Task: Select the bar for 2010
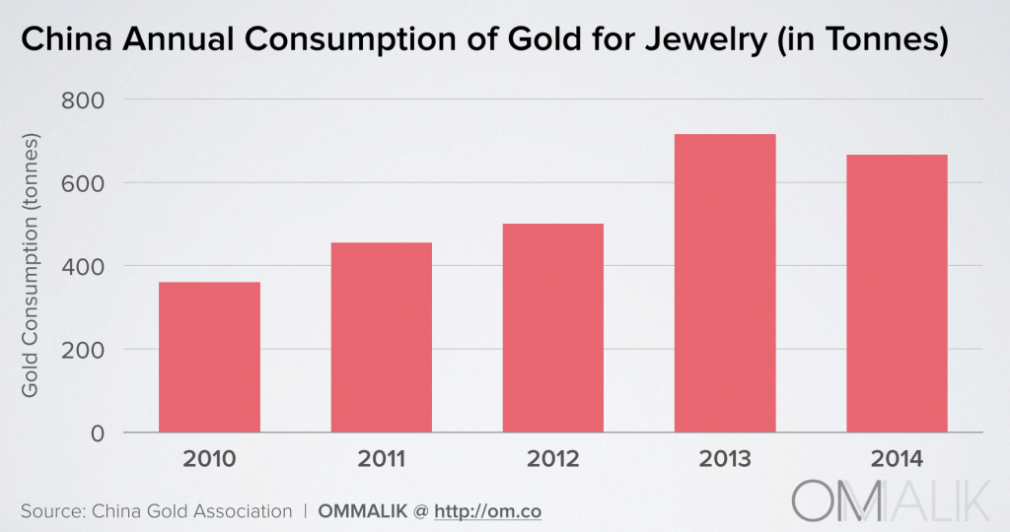209,357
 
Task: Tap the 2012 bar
552,327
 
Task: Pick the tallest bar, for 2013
725,283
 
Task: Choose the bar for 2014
897,293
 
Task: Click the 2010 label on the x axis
209,460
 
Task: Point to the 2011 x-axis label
381,460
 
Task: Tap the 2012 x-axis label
552,460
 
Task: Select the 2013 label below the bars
725,460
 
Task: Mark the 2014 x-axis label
897,460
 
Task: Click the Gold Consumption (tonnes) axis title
31,266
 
